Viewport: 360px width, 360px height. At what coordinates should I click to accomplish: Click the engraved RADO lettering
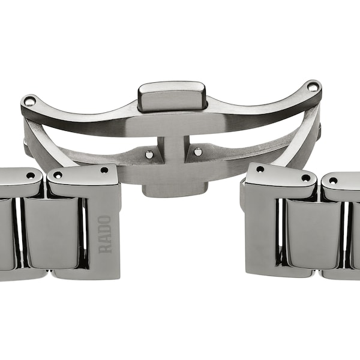pos(104,234)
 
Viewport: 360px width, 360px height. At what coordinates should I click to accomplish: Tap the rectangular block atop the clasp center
pos(172,97)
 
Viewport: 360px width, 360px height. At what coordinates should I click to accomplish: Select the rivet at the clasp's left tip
pos(29,101)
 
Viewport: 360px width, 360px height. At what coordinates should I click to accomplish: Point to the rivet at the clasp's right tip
pos(313,88)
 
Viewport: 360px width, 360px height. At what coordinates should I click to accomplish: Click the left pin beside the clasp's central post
pos(149,154)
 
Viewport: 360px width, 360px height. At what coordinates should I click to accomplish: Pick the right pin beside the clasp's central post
pos(198,151)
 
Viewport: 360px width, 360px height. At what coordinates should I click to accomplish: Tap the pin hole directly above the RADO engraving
pos(104,170)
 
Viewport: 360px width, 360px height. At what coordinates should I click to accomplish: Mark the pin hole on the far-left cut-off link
pos(30,175)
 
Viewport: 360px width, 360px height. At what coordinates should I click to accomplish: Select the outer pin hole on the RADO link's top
pos(58,175)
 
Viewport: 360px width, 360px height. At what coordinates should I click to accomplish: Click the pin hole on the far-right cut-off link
pos(333,181)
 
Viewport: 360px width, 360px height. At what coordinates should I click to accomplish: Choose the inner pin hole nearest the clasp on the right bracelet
pos(260,170)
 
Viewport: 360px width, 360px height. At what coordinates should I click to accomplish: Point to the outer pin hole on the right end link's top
pos(305,178)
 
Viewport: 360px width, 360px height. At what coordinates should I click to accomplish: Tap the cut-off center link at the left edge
pos(6,234)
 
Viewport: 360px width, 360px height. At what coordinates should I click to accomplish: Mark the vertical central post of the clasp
pos(173,150)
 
